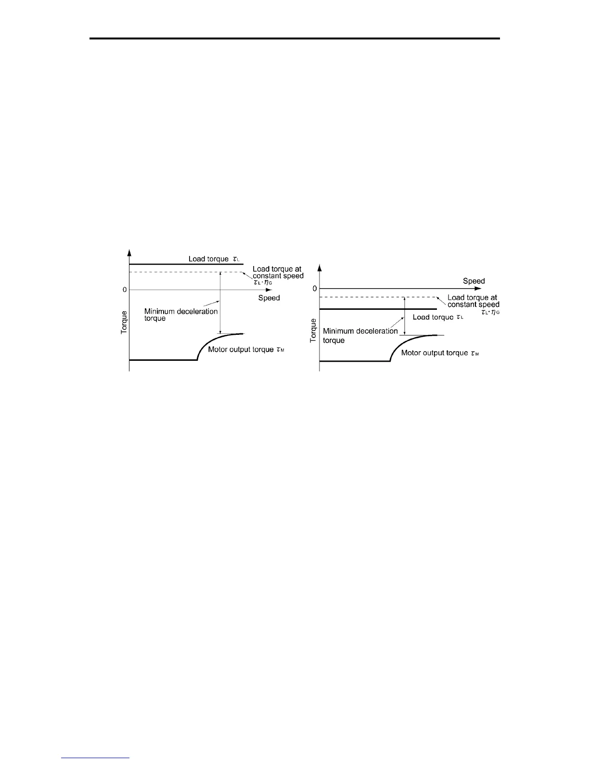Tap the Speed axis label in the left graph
coord(269,298)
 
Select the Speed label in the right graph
coord(474,281)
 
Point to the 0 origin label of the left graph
coord(125,290)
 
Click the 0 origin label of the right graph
coord(315,289)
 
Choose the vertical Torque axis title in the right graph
coord(313,330)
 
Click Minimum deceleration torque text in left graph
coord(181,315)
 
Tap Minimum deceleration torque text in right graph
coord(360,336)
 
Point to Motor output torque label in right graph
coord(440,353)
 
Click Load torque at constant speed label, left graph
coord(278,276)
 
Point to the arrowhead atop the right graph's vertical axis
coord(320,267)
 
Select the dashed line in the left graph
coord(183,272)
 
